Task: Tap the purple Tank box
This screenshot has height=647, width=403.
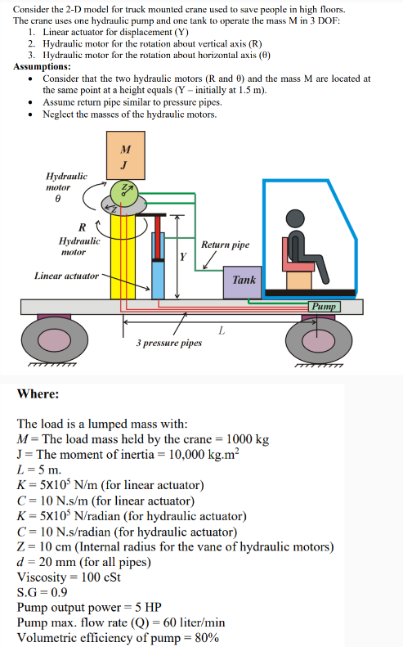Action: click(x=244, y=280)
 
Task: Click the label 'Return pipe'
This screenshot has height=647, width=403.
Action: click(x=225, y=245)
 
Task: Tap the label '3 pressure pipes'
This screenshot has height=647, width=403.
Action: click(x=168, y=344)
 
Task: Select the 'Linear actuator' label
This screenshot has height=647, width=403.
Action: click(x=66, y=276)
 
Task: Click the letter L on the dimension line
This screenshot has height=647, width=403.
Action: click(x=222, y=330)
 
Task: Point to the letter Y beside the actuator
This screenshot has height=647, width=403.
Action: click(x=183, y=256)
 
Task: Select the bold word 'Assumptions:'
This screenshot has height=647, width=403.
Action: click(x=42, y=66)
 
